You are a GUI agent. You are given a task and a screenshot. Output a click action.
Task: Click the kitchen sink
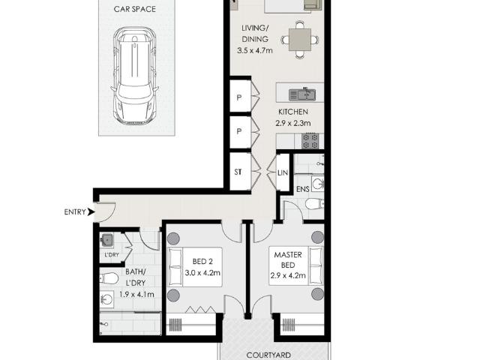[x=303, y=94]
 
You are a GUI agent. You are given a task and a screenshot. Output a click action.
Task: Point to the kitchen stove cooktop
[x=310, y=140]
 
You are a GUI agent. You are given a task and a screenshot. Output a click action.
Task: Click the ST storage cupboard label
[x=237, y=172]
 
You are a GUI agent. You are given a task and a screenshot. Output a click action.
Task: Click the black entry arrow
[x=90, y=212]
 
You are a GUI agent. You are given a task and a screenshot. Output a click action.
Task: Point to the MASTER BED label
[x=288, y=260]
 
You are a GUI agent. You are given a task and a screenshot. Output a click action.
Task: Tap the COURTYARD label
[x=270, y=355]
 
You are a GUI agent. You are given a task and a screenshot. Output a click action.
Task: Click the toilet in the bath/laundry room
[x=110, y=279]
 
